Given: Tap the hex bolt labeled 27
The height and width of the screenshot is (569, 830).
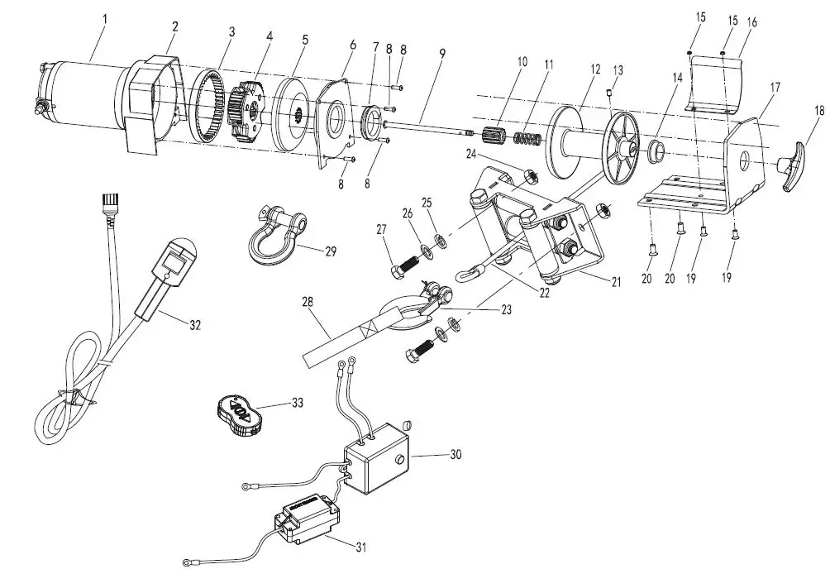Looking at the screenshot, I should (x=403, y=267).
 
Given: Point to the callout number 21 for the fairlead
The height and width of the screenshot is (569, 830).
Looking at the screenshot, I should (x=614, y=282).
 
